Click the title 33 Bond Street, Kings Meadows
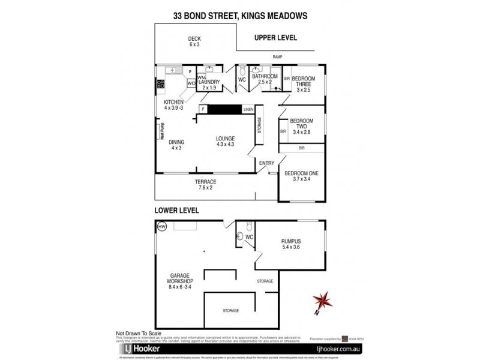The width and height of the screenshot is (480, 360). click(x=240, y=17)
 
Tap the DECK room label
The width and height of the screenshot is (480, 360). click(x=194, y=41)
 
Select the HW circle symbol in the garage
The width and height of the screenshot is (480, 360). click(x=161, y=227)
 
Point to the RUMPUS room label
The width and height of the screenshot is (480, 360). click(x=291, y=244)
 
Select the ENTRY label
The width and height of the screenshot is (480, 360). click(x=266, y=163)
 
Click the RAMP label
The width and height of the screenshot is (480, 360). click(x=277, y=57)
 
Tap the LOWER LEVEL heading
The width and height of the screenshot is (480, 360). click(x=176, y=211)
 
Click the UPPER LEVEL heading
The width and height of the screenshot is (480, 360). click(x=276, y=37)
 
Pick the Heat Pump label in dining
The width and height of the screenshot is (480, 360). click(x=162, y=130)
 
